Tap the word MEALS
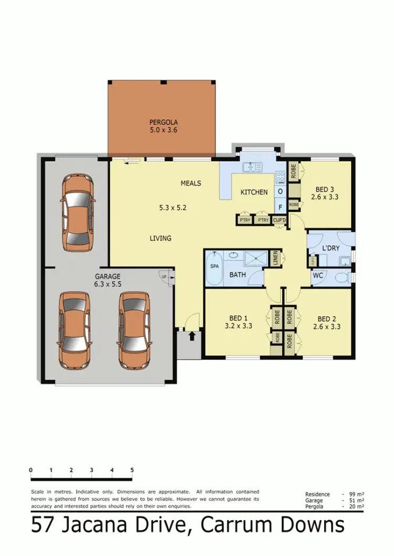tap(191, 183)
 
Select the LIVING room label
tap(160, 238)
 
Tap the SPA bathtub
tap(214, 267)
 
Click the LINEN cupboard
tap(275, 258)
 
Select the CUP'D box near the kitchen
tap(279, 220)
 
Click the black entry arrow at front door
tap(192, 335)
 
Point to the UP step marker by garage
tap(164, 276)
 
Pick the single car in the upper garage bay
tap(77, 212)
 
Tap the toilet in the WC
tap(342, 277)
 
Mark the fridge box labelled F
tap(280, 207)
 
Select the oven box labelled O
tap(280, 191)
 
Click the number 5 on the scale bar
tap(132, 470)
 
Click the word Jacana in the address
tap(97, 525)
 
